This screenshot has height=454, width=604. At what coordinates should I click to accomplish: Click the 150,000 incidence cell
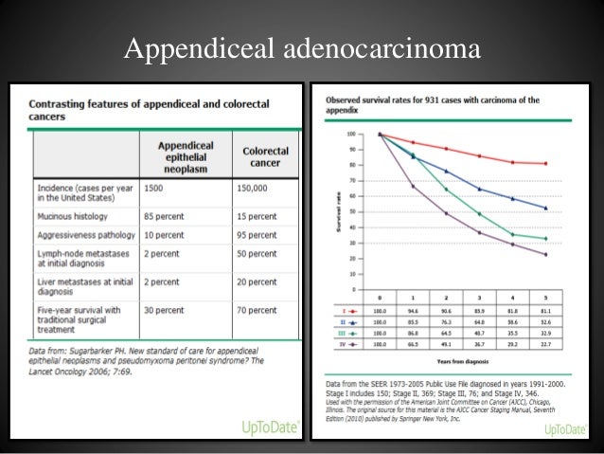[258, 190]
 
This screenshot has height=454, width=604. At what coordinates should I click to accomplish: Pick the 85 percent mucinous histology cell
[169, 216]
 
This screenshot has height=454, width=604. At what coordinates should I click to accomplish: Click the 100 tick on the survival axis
[350, 134]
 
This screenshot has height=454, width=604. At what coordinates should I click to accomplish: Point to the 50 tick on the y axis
[352, 211]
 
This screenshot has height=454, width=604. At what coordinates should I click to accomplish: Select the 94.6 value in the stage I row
[412, 310]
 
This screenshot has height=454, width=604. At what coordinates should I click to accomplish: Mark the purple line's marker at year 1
[412, 186]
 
